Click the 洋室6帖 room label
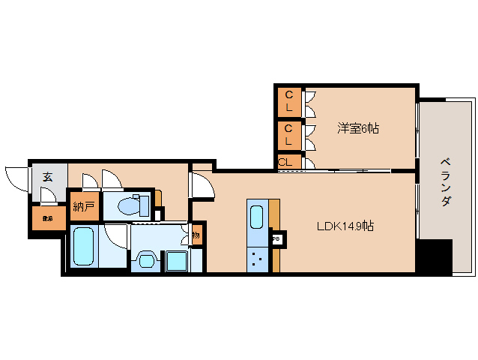(x=357, y=128)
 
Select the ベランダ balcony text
(x=445, y=182)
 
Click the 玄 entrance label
(x=47, y=177)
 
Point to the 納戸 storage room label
(x=82, y=205)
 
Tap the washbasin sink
(x=144, y=260)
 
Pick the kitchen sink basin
(x=256, y=217)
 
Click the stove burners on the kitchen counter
(x=257, y=259)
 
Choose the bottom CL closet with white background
(x=285, y=162)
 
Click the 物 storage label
(x=196, y=235)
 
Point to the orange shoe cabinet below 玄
(x=47, y=218)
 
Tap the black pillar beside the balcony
(x=434, y=256)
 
